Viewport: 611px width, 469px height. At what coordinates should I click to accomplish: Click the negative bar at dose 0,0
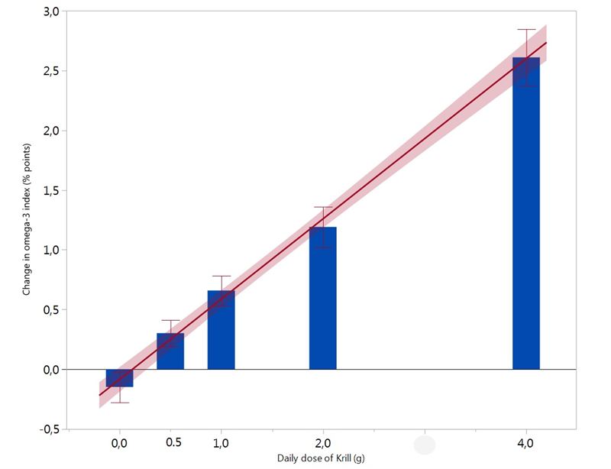[x=119, y=378]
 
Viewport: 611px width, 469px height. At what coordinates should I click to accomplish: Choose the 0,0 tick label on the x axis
[x=119, y=443]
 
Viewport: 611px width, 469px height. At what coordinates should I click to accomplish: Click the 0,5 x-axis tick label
[x=173, y=442]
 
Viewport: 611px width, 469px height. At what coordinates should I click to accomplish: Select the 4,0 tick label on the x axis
[x=526, y=443]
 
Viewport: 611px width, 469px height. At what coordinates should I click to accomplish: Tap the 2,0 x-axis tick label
[x=322, y=443]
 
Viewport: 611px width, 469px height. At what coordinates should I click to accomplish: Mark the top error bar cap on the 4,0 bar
[x=526, y=29]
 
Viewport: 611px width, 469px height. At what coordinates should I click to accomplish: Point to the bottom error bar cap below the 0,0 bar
[x=119, y=403]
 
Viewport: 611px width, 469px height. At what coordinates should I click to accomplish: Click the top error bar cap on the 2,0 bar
[x=322, y=207]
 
